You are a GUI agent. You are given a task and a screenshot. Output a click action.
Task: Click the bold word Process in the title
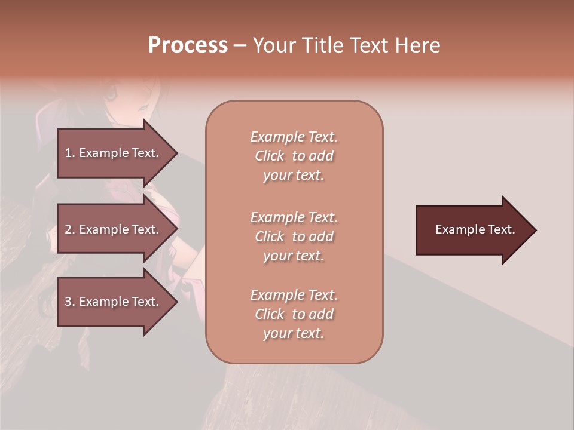point(188,45)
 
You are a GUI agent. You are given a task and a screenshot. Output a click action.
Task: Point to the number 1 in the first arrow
point(68,153)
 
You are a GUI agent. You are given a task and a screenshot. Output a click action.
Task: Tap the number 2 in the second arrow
point(68,229)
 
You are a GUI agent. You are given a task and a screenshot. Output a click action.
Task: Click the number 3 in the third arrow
point(68,302)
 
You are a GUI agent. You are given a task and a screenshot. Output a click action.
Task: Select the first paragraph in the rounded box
point(294,156)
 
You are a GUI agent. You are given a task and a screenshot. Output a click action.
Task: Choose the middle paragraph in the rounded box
point(294,236)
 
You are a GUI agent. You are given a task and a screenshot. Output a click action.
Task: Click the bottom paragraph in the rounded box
point(294,314)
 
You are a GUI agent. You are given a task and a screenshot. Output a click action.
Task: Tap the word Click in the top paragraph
point(270,156)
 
